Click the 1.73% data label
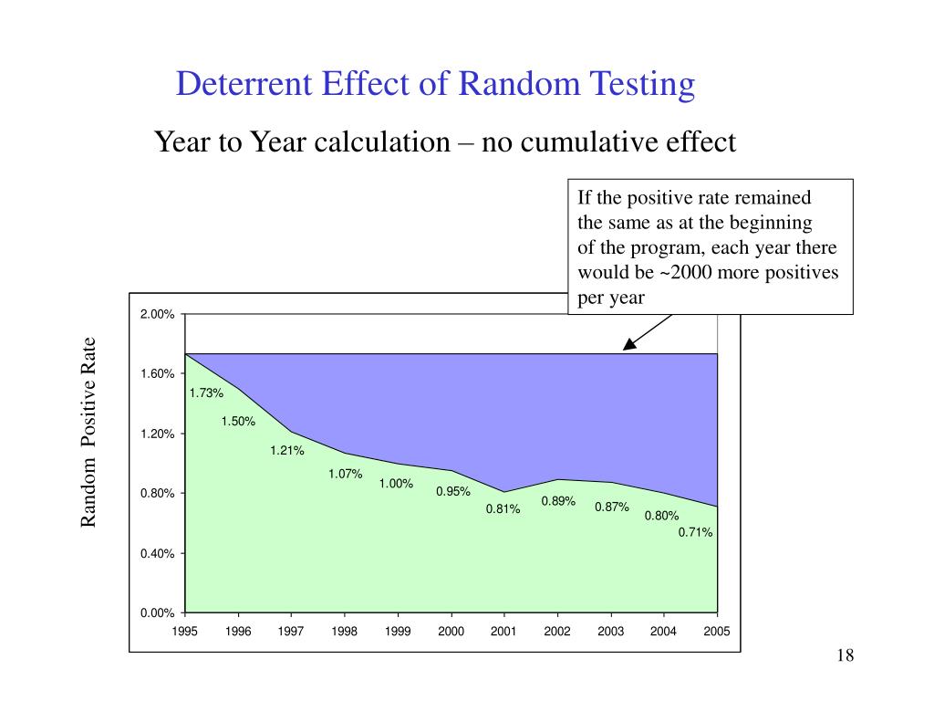click(206, 392)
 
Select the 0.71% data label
click(695, 532)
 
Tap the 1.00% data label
click(397, 484)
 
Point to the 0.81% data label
click(503, 509)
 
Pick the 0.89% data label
click(558, 500)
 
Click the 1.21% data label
click(286, 450)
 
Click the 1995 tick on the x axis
click(185, 631)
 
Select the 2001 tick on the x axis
click(503, 631)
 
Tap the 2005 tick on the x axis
click(717, 631)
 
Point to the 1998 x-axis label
click(345, 631)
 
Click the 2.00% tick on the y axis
click(157, 315)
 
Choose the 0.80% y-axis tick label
click(157, 494)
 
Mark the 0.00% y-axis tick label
click(157, 613)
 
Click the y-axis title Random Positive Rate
click(88, 432)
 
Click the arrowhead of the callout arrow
click(627, 348)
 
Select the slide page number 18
click(844, 657)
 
